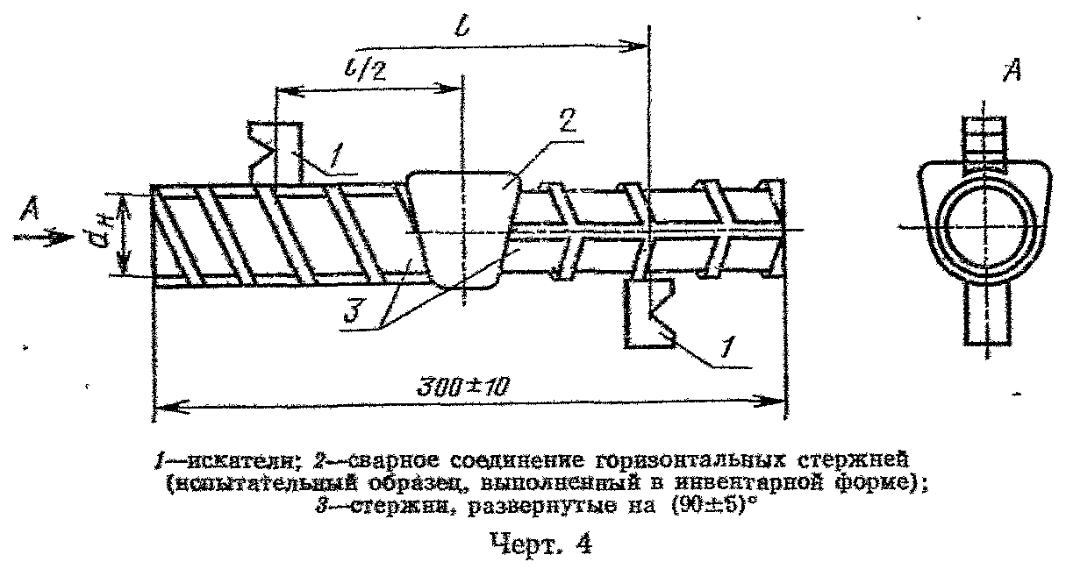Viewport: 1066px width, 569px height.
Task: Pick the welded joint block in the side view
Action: coord(462,228)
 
